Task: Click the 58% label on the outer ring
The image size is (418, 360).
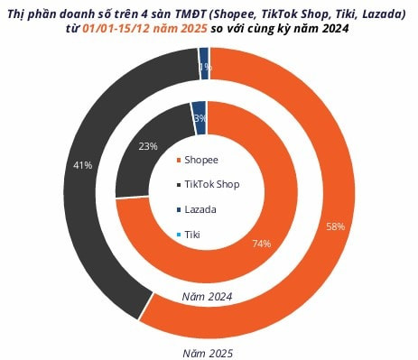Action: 336,226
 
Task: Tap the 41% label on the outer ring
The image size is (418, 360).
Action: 82,164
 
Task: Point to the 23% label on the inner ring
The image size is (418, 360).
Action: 149,145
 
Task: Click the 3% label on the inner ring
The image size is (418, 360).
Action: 200,118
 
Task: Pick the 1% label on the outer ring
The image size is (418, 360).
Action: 205,67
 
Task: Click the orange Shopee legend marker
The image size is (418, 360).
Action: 179,161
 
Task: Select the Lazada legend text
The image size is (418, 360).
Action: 202,208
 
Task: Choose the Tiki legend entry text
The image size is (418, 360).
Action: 194,234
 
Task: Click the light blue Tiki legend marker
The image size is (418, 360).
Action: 179,234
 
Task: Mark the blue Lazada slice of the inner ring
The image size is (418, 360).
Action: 200,108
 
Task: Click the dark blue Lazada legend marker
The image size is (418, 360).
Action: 179,208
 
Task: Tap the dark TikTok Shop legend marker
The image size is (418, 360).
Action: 179,184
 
